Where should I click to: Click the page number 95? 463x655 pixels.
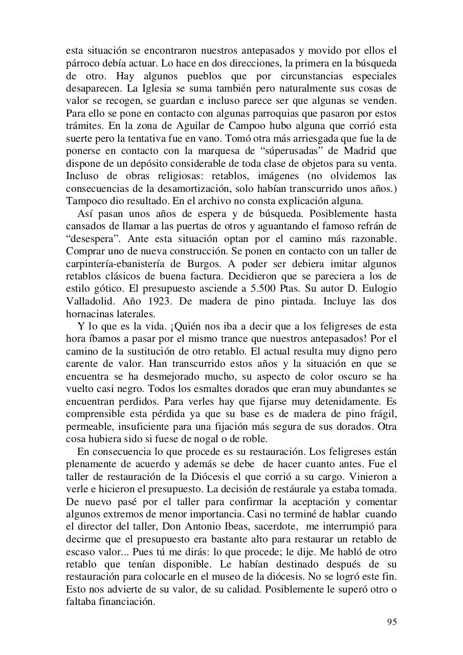pyautogui.click(x=391, y=622)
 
